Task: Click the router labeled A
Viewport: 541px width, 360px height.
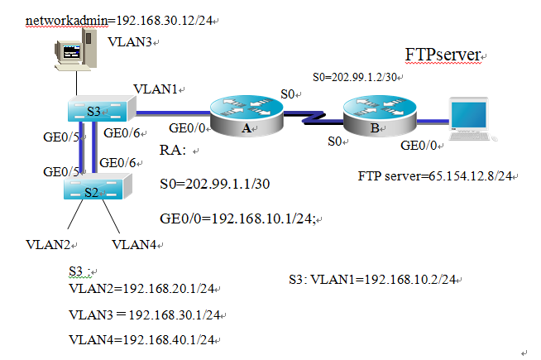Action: (x=245, y=114)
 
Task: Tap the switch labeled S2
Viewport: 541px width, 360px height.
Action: (x=95, y=190)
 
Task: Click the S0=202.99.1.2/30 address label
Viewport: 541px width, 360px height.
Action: (x=357, y=77)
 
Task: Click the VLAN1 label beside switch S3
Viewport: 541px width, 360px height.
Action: (x=155, y=89)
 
